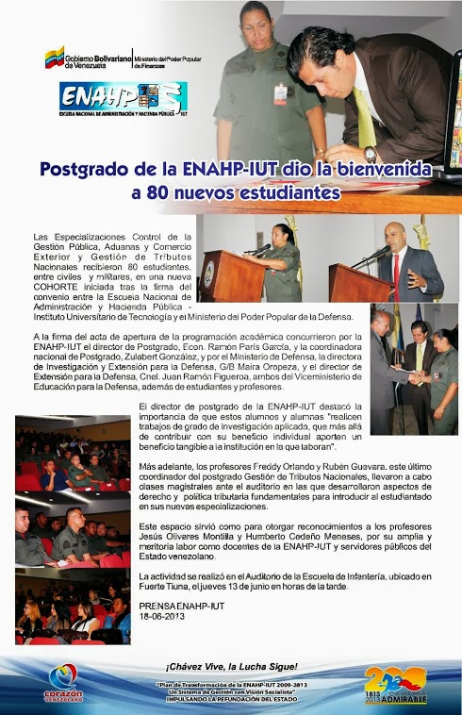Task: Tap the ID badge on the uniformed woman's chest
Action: click(280, 93)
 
